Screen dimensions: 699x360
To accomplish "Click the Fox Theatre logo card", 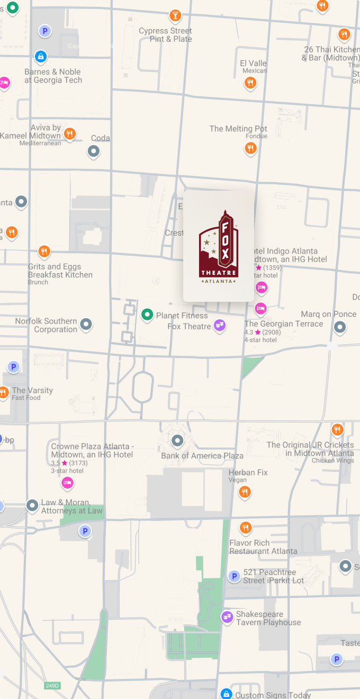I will (x=218, y=246).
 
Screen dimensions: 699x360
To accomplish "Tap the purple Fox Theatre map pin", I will (x=220, y=325).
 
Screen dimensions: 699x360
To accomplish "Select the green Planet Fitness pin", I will (x=147, y=315).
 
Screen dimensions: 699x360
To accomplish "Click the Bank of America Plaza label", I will (x=202, y=455).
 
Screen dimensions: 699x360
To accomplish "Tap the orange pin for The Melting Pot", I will (x=251, y=148).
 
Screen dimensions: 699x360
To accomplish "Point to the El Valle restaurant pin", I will (x=250, y=83).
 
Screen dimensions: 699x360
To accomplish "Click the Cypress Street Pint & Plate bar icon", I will (x=175, y=15).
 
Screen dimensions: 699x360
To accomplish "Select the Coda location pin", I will (x=94, y=151).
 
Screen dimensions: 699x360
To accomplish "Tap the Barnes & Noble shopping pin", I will (x=41, y=56).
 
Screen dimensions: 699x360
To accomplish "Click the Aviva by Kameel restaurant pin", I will (x=69, y=133).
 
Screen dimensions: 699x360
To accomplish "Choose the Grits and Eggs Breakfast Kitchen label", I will (x=60, y=271).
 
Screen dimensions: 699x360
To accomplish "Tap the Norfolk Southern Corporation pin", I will (x=86, y=324).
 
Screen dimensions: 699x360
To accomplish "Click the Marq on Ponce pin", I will (x=340, y=327).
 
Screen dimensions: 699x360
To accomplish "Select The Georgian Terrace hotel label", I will (x=283, y=324).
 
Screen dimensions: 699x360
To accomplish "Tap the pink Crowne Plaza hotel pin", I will (x=67, y=482).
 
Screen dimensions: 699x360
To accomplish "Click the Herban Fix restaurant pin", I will (x=244, y=492).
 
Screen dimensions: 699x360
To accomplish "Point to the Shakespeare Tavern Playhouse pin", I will (x=227, y=616).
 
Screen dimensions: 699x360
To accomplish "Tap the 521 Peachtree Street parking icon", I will (x=234, y=576).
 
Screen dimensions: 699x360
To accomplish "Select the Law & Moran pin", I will (x=33, y=505).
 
